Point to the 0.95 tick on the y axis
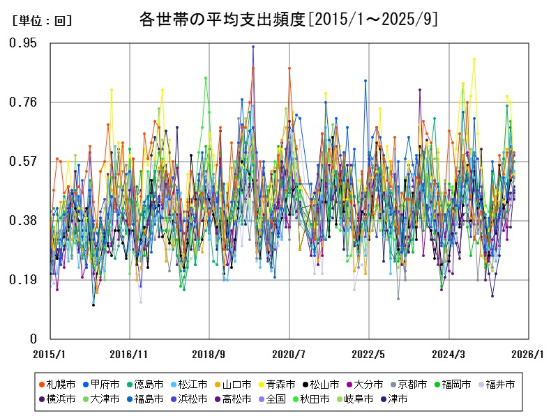[23, 43]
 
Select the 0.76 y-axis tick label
[23, 102]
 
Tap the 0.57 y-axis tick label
[23, 162]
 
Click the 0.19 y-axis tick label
[23, 280]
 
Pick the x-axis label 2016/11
[130, 355]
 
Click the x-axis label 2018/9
[210, 355]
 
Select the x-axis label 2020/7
[289, 355]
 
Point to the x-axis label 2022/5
[369, 355]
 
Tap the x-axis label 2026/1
[528, 355]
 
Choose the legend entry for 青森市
[278, 384]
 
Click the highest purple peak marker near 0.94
[253, 47]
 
